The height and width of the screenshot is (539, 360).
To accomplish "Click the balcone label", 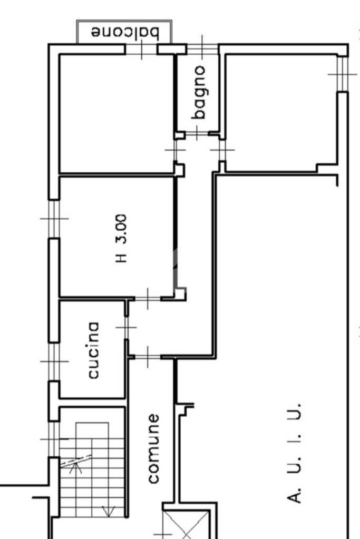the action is click(x=125, y=32).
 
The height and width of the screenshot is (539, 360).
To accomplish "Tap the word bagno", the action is click(x=199, y=93).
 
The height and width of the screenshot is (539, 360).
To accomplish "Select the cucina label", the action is click(x=93, y=350).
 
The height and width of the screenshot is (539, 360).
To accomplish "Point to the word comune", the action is click(x=153, y=448).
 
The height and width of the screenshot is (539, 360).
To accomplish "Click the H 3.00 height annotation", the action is click(x=121, y=239).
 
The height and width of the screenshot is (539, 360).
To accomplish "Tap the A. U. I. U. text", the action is click(x=294, y=453).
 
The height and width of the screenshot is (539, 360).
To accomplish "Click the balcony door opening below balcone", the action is click(x=141, y=49).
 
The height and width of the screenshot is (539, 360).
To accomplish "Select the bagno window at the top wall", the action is click(x=202, y=49).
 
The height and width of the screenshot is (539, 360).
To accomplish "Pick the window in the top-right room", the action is click(x=343, y=74).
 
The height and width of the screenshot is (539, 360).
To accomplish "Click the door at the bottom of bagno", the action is click(x=197, y=133).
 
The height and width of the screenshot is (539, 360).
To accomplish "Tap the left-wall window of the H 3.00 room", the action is click(x=54, y=219).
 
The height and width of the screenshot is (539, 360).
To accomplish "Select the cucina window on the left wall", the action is click(x=54, y=361).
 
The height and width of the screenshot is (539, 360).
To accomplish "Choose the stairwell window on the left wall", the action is click(x=54, y=439).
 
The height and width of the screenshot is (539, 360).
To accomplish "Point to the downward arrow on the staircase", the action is click(x=109, y=511).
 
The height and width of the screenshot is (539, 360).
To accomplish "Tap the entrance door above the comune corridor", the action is click(x=148, y=357).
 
